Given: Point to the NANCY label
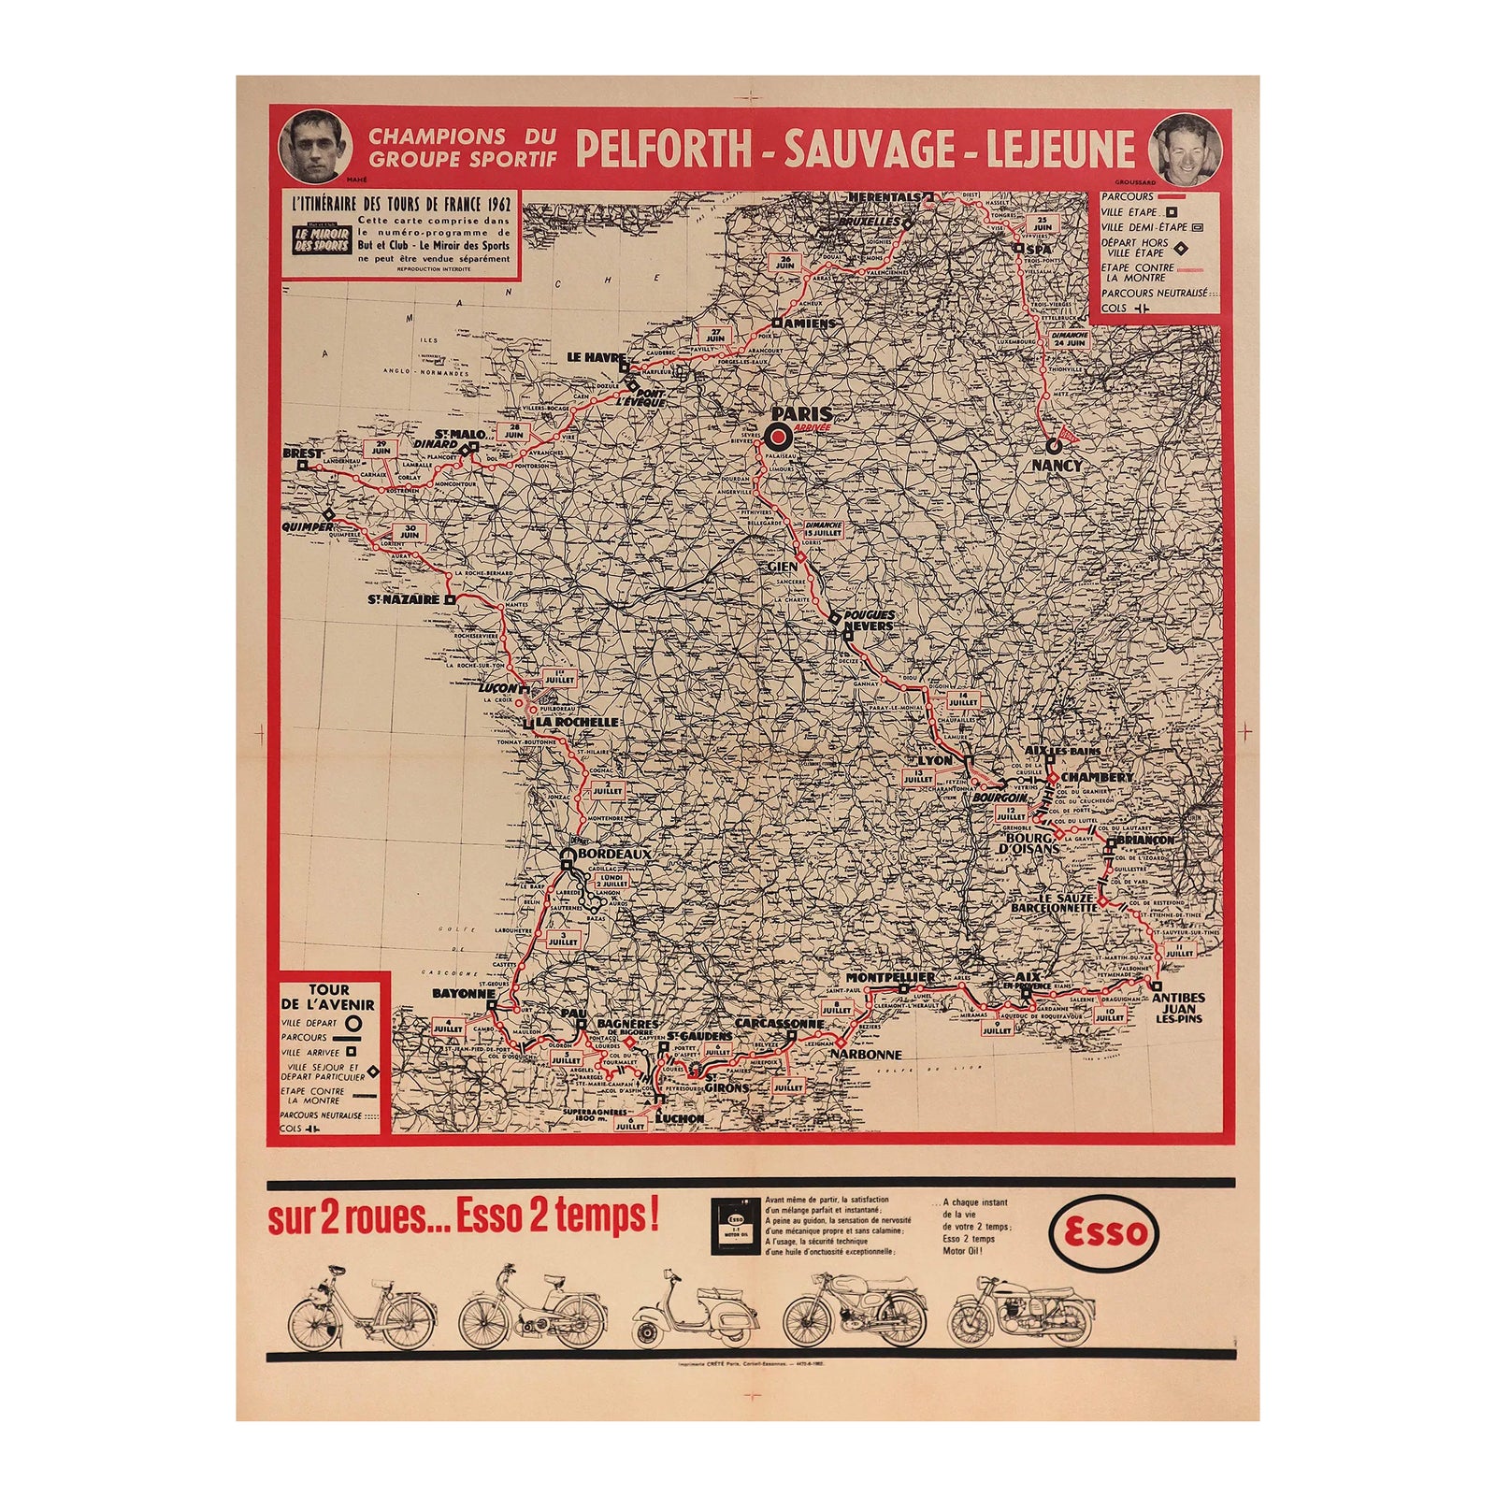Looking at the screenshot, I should [x=1057, y=465].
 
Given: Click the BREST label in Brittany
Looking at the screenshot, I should [x=302, y=453].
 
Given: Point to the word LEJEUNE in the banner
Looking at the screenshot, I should [x=1058, y=150].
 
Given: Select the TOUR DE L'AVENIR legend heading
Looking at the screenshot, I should [x=327, y=997].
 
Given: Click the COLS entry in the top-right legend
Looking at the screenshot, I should [x=1115, y=308].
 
